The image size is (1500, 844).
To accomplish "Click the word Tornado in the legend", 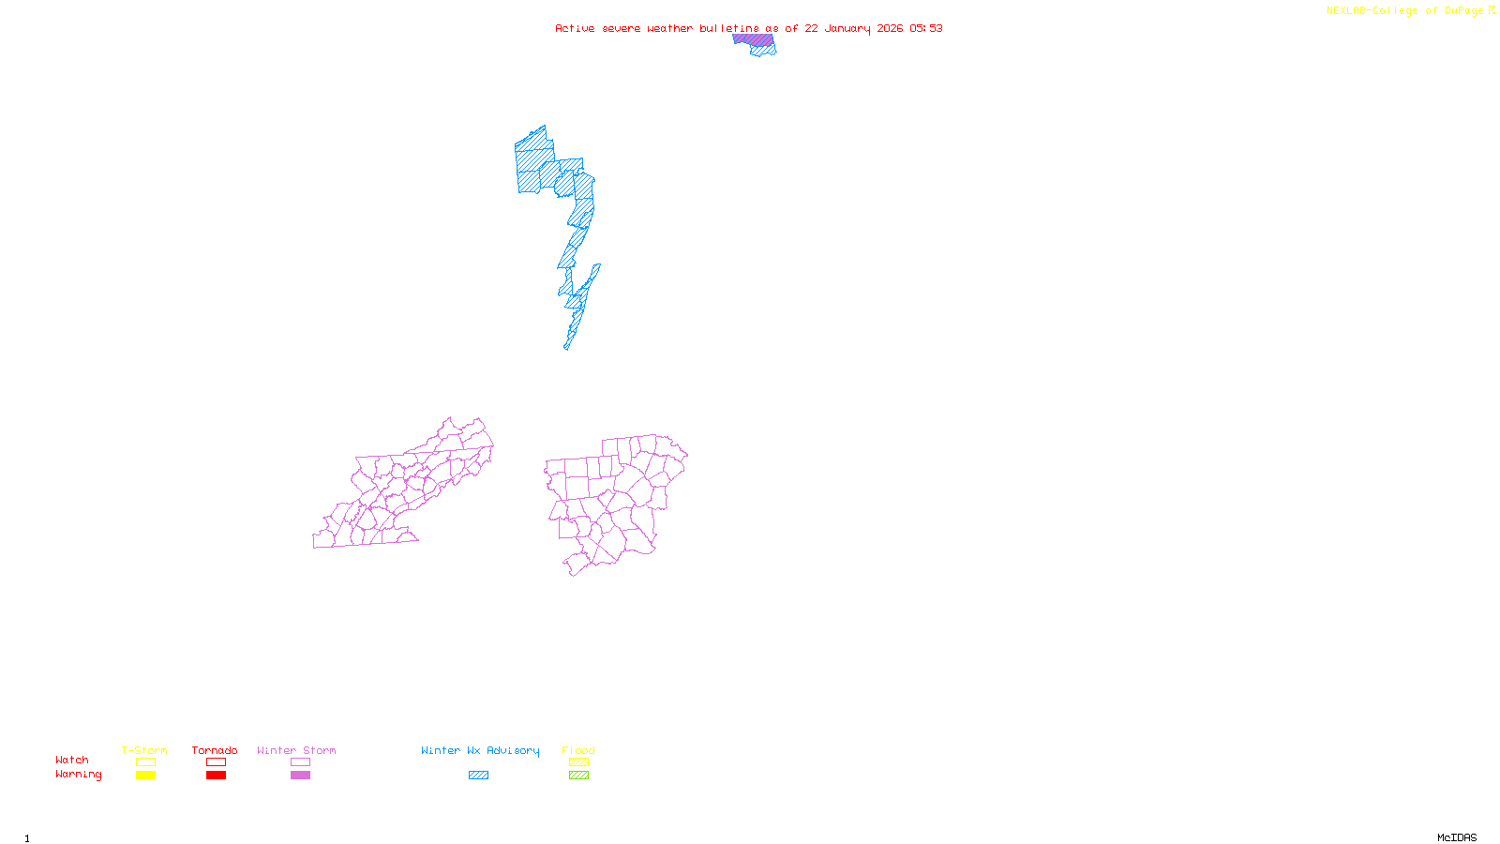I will (x=215, y=750).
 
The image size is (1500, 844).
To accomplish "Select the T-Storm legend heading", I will (x=144, y=750).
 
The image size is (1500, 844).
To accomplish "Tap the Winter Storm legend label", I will (x=296, y=750).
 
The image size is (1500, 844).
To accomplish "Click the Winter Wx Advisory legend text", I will (x=480, y=750).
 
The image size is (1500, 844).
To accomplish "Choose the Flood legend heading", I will (x=578, y=750).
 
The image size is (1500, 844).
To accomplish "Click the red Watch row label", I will (x=72, y=760).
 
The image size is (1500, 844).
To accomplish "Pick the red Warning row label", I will (x=79, y=775).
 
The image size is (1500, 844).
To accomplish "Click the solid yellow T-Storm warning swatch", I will (x=145, y=776).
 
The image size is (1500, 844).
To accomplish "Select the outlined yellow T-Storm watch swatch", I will (x=145, y=762).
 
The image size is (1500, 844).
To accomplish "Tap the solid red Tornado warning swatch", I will (x=216, y=776).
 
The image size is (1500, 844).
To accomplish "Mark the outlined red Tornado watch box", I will (x=216, y=762).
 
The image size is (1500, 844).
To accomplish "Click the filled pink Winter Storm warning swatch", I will (x=300, y=776).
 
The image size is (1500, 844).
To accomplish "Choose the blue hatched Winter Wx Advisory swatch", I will (x=478, y=776).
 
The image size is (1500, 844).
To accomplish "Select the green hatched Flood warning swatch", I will (x=578, y=776).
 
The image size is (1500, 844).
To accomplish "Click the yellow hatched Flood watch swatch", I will (x=578, y=762).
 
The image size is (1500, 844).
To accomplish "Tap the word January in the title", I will (x=847, y=28).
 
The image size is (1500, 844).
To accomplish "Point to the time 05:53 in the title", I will (x=925, y=28).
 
